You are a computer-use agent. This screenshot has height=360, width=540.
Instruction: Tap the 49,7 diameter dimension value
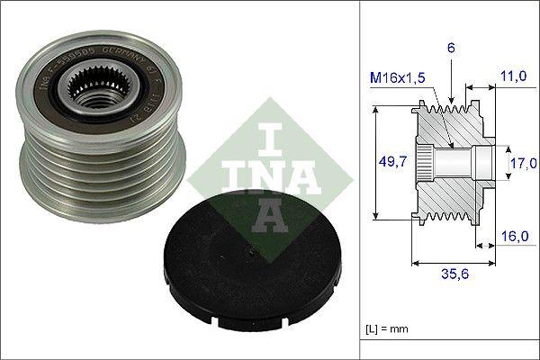pos(390,161)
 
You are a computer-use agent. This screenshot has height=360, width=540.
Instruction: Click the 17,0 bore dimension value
pos(523,162)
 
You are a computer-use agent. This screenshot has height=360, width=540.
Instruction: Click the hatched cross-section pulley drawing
pos(450,162)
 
